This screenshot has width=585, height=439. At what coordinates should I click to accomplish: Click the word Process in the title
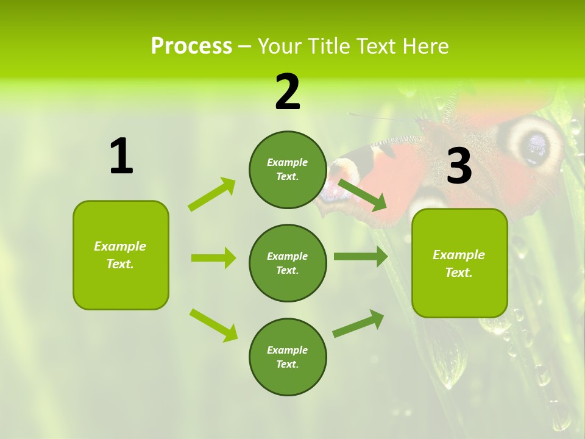pos(191,46)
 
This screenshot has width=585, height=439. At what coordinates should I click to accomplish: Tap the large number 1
pos(121,157)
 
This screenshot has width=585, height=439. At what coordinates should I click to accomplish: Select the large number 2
pos(288,92)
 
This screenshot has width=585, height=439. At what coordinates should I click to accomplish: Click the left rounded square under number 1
pos(121,255)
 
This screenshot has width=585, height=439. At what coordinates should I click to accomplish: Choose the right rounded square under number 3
pos(459,263)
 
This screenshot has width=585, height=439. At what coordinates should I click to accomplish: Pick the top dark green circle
pos(288,170)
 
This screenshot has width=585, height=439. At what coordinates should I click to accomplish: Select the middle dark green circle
pos(288,263)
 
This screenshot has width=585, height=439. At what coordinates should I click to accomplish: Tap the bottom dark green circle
pos(288,357)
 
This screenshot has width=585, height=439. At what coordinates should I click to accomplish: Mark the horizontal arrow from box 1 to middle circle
pos(213,258)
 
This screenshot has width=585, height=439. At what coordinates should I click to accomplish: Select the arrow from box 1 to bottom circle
pos(214,325)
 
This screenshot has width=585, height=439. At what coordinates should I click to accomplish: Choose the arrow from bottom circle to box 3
pos(358,323)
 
